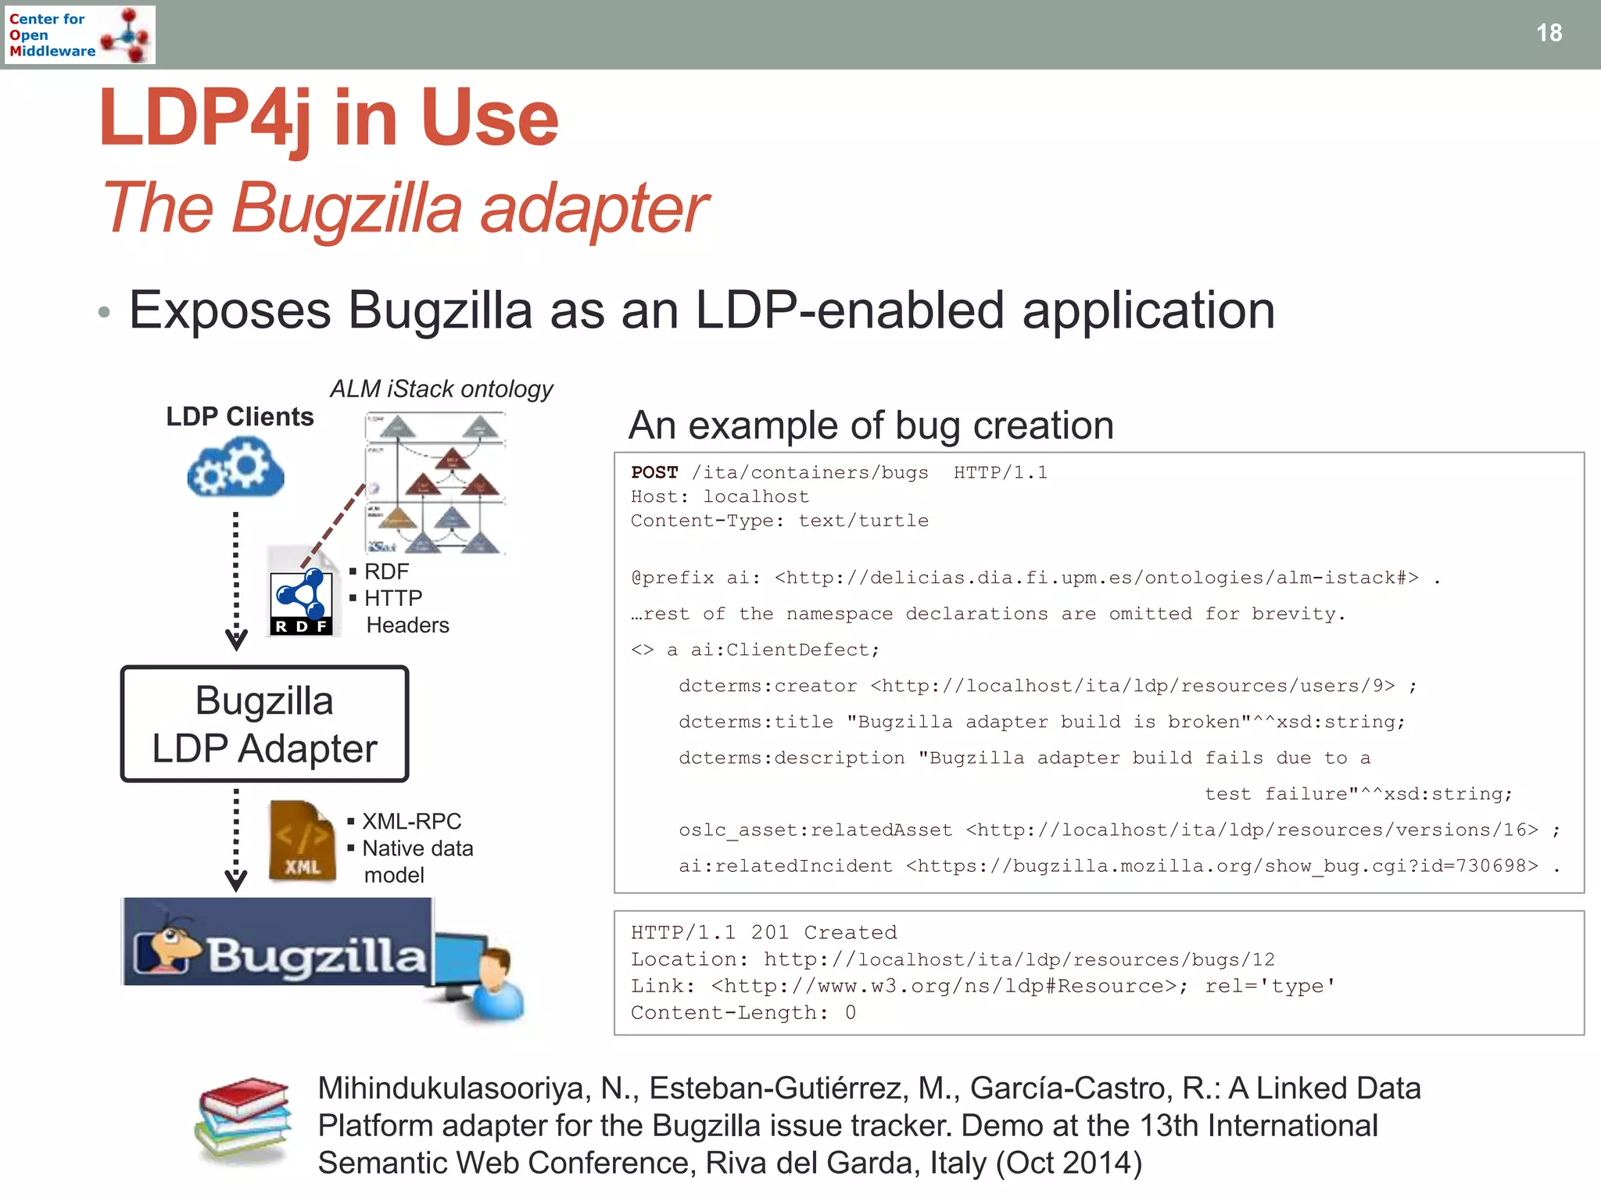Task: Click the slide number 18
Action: coord(1549,33)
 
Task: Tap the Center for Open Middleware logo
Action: coord(79,34)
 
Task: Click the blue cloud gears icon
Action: coord(235,467)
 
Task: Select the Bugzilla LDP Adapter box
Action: coord(264,724)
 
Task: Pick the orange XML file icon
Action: coord(303,843)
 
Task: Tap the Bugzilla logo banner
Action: coord(278,942)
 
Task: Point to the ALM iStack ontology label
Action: coord(441,389)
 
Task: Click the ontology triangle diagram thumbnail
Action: coord(435,483)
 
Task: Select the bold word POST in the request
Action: coord(654,472)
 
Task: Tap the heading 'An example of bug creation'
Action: coord(871,426)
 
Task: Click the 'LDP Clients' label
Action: coord(239,417)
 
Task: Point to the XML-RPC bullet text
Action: coord(411,821)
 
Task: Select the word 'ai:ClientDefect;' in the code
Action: coord(784,650)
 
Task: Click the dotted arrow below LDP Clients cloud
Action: coord(236,579)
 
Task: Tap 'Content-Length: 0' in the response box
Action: coord(743,1013)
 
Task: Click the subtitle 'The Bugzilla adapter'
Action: coord(405,208)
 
